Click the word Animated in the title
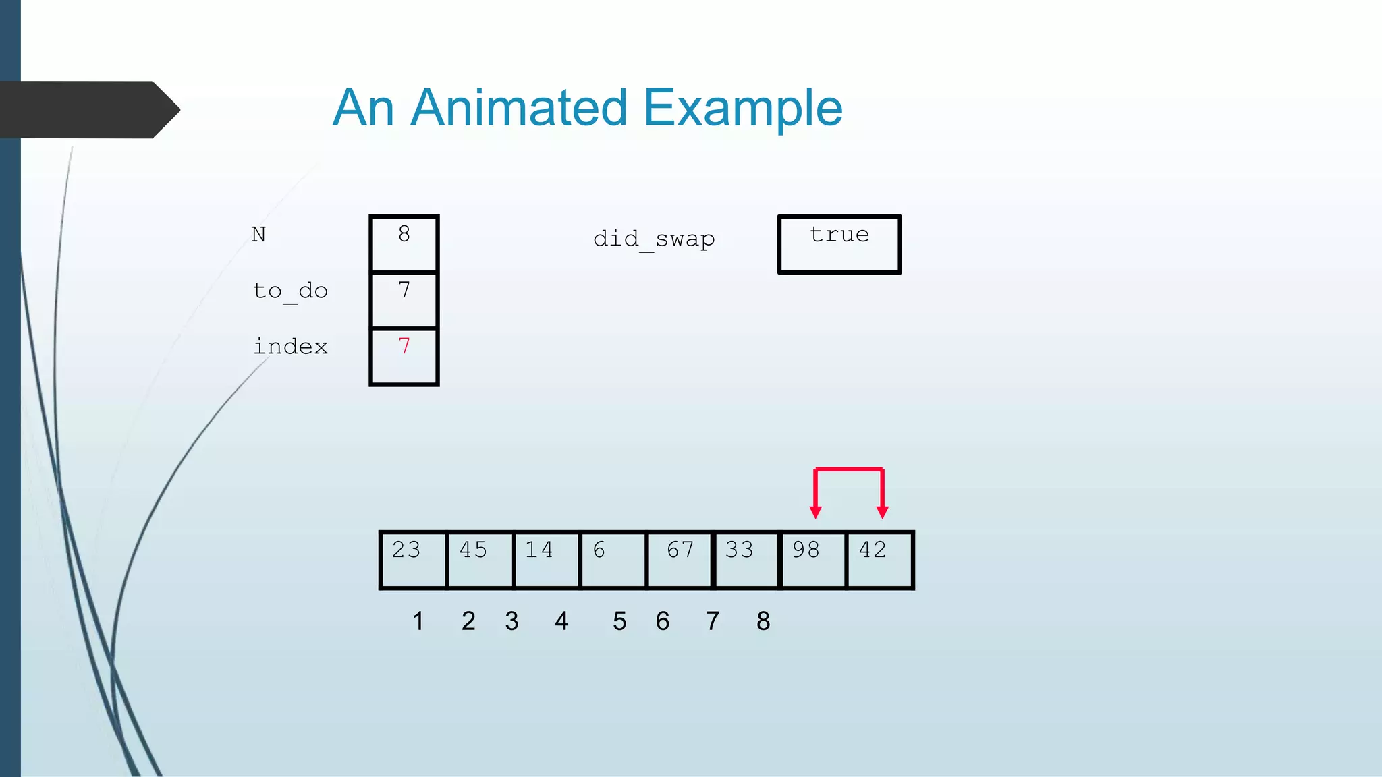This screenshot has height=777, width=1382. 518,108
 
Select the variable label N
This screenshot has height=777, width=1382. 258,235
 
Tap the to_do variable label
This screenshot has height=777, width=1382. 290,291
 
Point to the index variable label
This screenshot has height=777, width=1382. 290,347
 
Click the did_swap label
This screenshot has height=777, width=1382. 653,239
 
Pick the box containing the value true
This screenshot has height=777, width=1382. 839,244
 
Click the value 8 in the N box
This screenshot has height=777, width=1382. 404,234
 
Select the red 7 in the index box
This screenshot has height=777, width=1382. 404,347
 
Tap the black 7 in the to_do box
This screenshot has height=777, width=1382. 404,290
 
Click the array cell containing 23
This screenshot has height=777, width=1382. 413,560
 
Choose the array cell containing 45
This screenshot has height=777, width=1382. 479,560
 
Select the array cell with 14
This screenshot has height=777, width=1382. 546,560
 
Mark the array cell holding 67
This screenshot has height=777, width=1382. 680,560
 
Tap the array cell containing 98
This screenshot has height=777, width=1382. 812,560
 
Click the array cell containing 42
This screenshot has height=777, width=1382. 879,560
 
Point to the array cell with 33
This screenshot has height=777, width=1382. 746,560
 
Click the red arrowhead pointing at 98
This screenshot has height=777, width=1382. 816,513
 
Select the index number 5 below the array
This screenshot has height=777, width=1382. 619,621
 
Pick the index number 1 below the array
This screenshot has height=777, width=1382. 418,621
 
